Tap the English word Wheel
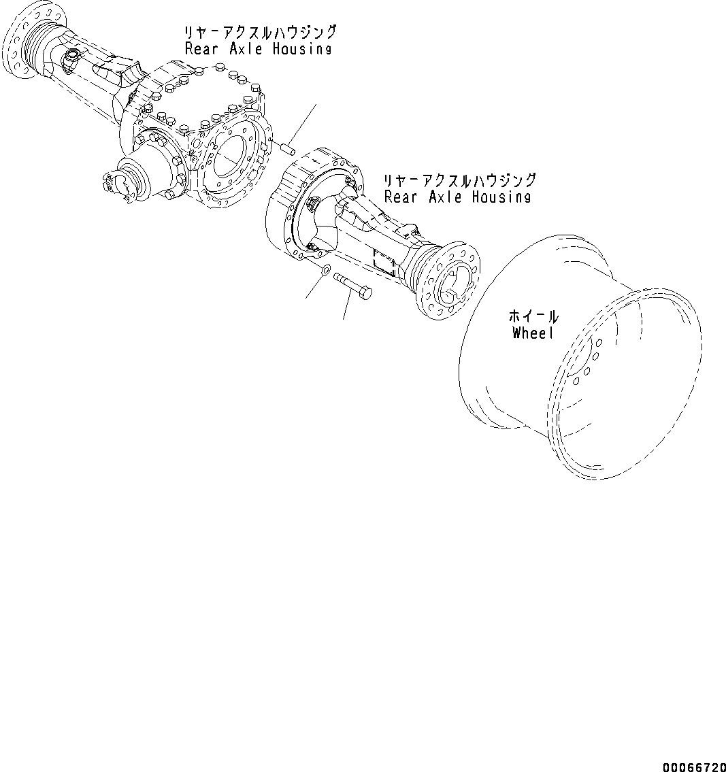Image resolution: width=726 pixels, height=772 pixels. (534, 333)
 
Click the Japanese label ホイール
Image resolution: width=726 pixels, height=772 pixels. (534, 316)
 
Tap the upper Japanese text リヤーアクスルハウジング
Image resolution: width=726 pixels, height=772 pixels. (260, 32)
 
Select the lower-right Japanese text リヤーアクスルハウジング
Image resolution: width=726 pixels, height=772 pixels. (459, 180)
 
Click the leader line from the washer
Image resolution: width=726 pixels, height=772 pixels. (314, 288)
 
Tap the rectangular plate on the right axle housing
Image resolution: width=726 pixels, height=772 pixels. (386, 261)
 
